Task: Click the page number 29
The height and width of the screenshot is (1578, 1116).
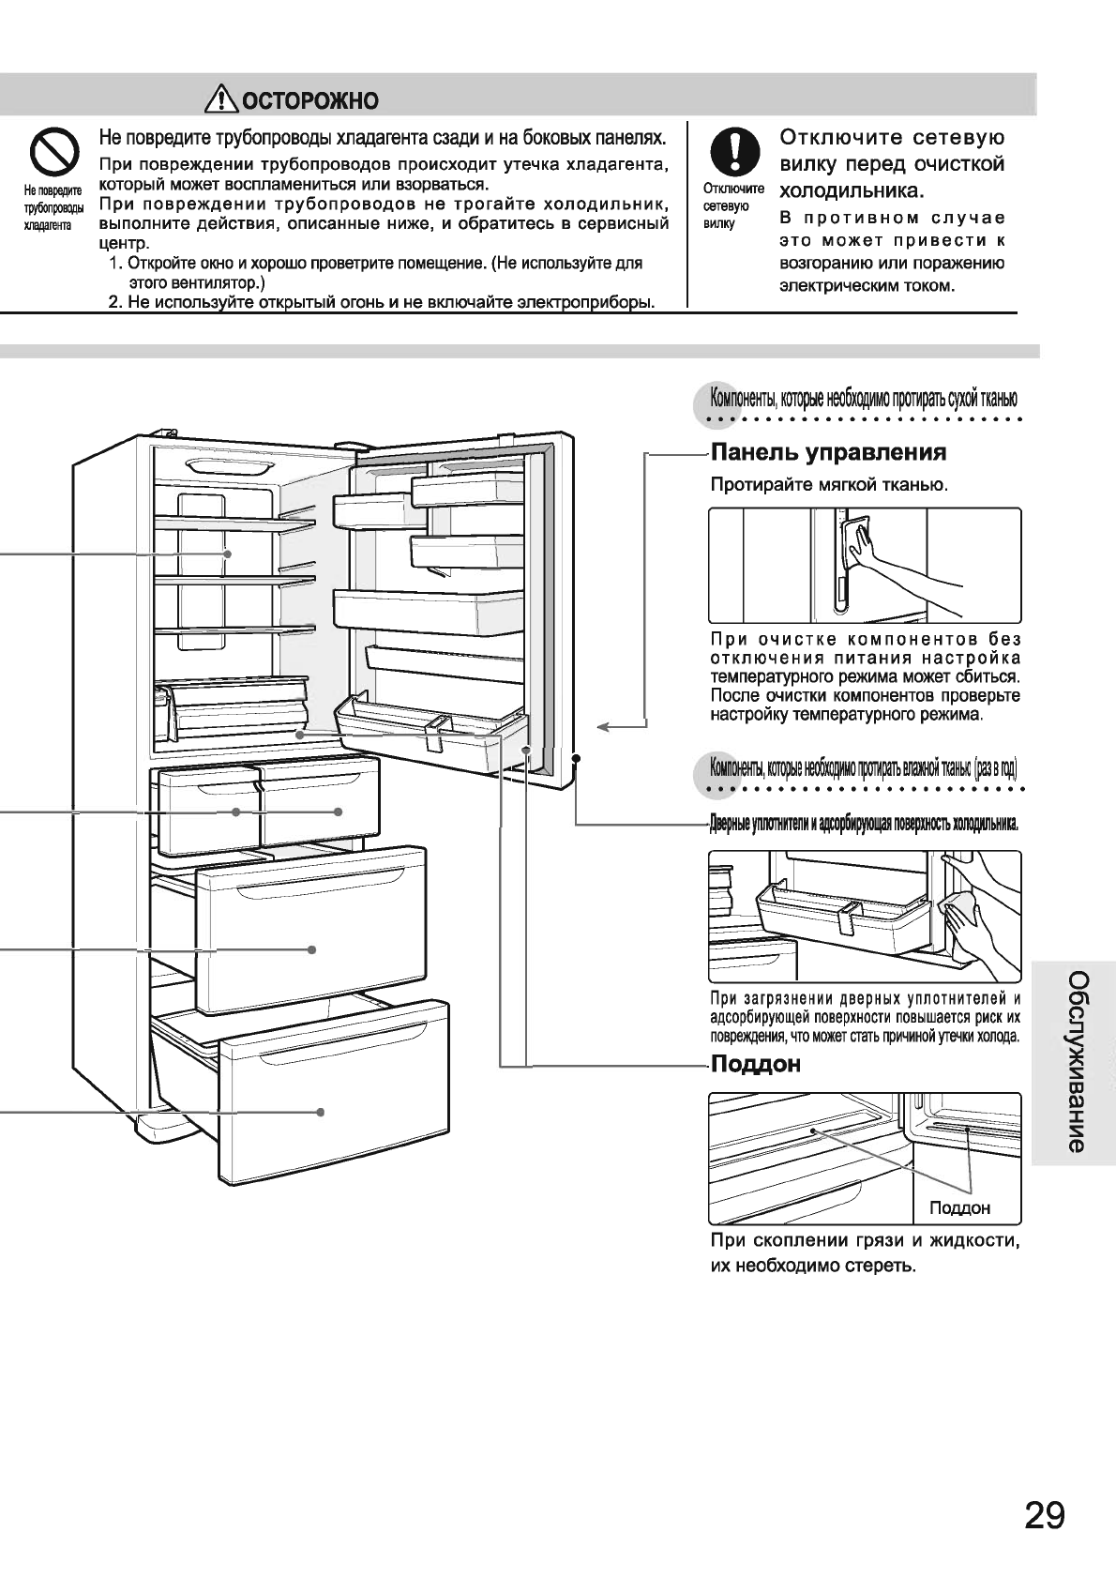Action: (x=1043, y=1515)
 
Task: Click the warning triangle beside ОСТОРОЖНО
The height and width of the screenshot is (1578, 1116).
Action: (x=225, y=99)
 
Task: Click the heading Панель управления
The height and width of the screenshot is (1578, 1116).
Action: (x=828, y=453)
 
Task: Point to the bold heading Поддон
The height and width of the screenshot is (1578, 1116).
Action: (x=756, y=1065)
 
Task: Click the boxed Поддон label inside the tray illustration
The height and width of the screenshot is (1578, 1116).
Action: (x=959, y=1207)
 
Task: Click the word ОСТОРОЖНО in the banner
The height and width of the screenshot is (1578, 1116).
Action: (x=309, y=100)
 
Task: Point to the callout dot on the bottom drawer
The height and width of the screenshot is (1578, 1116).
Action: (x=321, y=1112)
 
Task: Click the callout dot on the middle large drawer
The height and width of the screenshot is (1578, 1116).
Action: (x=312, y=949)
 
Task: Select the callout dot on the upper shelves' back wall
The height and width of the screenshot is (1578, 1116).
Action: (x=228, y=554)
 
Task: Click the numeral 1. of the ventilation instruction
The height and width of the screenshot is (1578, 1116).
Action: (x=116, y=263)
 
